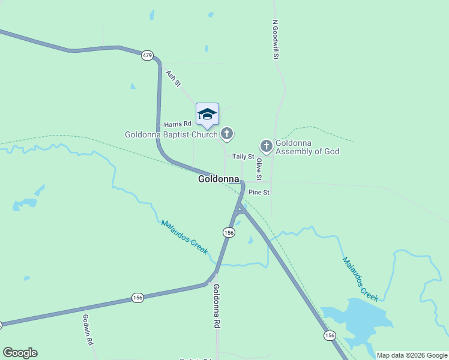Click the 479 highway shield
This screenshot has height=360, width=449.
pyautogui.click(x=147, y=55)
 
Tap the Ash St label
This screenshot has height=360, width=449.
pyautogui.click(x=173, y=78)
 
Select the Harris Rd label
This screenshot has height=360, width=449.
pyautogui.click(x=177, y=124)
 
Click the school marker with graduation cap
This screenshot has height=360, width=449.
pyautogui.click(x=207, y=114)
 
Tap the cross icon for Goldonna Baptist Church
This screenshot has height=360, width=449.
pyautogui.click(x=227, y=134)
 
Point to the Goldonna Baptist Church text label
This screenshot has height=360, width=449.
pyautogui.click(x=171, y=134)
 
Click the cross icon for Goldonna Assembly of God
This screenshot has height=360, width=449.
pyautogui.click(x=266, y=146)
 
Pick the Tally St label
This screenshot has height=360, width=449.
pyautogui.click(x=244, y=157)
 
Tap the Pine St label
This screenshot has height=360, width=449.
pyautogui.click(x=259, y=193)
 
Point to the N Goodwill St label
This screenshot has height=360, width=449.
pyautogui.click(x=276, y=40)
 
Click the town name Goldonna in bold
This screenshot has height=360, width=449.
pyautogui.click(x=219, y=179)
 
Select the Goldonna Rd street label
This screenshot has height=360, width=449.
pyautogui.click(x=216, y=305)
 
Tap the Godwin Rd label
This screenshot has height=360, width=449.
pyautogui.click(x=88, y=329)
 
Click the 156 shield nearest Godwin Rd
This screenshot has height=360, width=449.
pyautogui.click(x=137, y=298)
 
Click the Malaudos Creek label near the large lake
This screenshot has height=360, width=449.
pyautogui.click(x=360, y=279)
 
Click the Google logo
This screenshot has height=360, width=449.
pyautogui.click(x=20, y=353)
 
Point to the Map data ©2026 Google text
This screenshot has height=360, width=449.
pyautogui.click(x=411, y=355)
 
